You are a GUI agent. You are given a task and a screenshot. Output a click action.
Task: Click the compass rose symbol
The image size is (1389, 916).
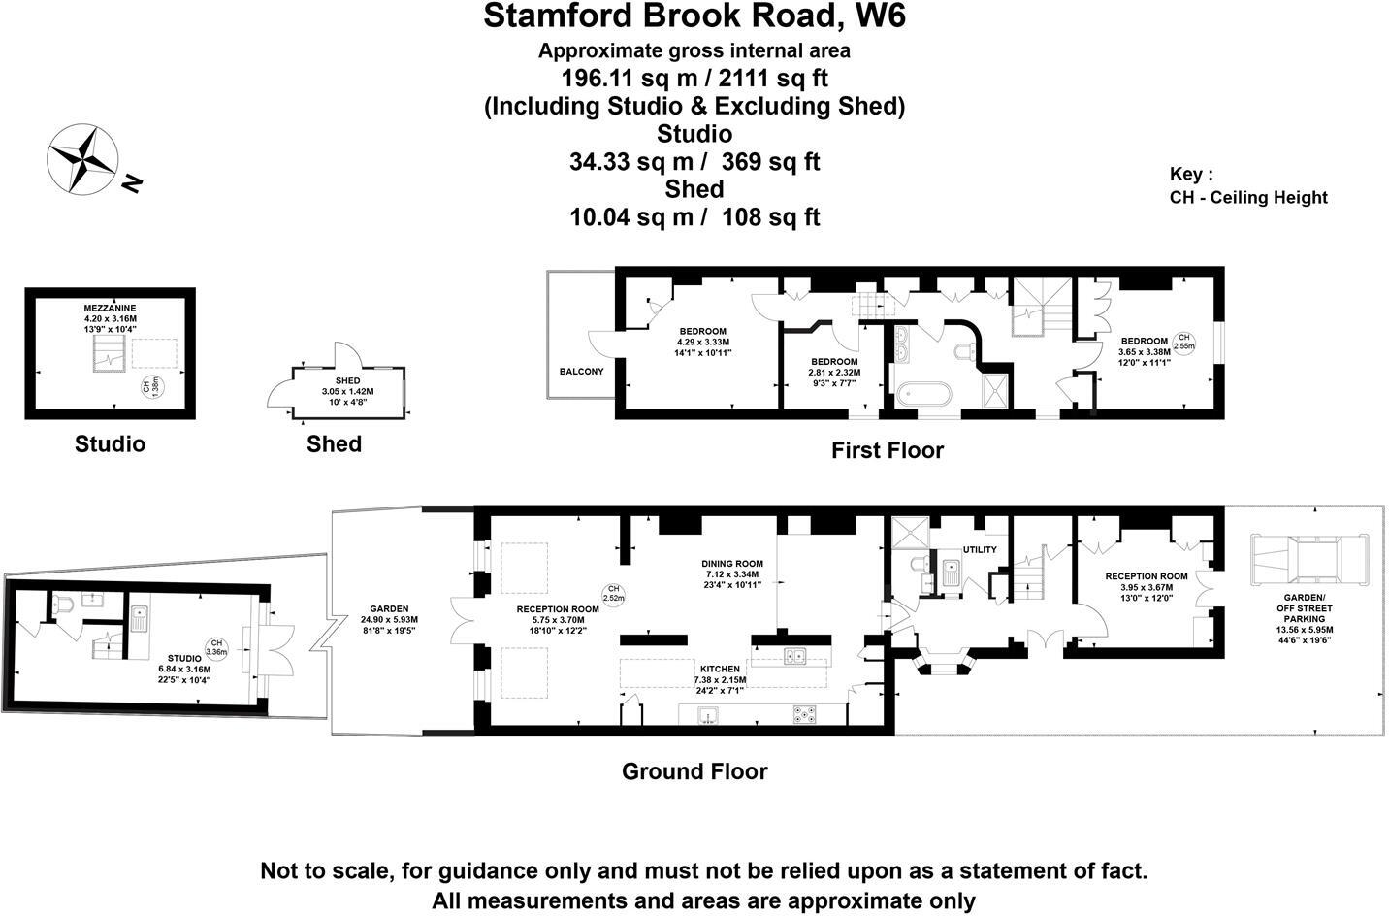[83, 157]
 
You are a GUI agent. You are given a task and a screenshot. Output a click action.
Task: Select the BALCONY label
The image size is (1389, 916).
[581, 372]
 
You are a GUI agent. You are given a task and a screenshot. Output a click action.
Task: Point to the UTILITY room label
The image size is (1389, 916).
[979, 550]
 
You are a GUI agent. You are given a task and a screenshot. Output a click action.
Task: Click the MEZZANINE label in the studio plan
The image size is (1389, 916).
[110, 308]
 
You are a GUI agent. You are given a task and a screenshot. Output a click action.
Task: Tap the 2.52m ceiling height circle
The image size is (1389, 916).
[613, 593]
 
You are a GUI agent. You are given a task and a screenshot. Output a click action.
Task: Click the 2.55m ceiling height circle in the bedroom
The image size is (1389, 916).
[1183, 341]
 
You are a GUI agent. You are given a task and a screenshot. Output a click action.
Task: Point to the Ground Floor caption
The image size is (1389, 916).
[694, 771]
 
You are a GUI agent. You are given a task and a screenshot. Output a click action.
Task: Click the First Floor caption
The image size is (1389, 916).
[887, 450]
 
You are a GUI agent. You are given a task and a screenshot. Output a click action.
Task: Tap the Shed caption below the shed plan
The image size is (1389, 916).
[334, 444]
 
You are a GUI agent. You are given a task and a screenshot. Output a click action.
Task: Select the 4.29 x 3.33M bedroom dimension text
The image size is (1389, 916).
[702, 342]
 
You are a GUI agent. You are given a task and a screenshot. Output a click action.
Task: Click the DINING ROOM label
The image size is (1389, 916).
[732, 564]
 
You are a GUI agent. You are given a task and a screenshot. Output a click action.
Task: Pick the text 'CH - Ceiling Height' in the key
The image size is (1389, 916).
[1248, 198]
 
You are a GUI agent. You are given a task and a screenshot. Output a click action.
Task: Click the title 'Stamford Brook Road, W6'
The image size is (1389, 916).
[694, 16]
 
